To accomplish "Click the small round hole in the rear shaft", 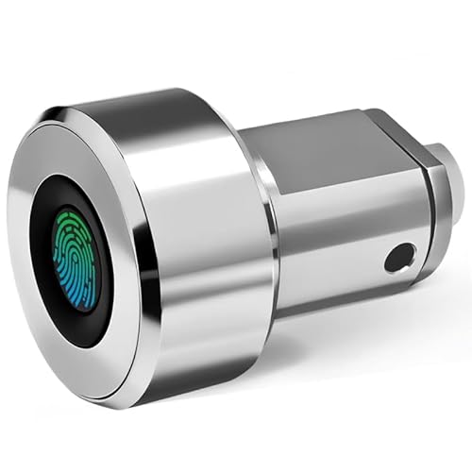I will tap(401, 256).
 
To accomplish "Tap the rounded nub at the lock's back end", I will tap(450, 179).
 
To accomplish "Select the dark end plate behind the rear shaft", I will tap(428, 208).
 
